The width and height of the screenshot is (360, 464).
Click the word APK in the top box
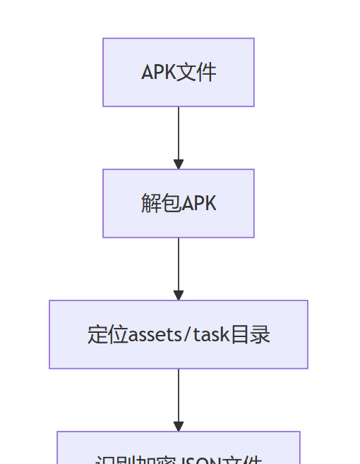click(157, 73)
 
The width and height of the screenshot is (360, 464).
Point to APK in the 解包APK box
click(199, 204)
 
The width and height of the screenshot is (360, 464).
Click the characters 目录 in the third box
click(251, 334)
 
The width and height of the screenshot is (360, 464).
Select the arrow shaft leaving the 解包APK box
click(179, 264)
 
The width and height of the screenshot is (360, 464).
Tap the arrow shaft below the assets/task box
click(179, 395)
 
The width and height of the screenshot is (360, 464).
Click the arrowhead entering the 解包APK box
click(179, 164)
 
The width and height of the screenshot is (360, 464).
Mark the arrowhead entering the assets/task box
click(179, 295)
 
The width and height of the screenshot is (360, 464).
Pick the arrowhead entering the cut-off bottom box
click(179, 427)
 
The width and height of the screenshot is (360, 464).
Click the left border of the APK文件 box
click(103, 73)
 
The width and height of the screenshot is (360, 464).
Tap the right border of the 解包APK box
click(254, 204)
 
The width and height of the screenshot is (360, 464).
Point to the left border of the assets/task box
click(49, 334)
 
